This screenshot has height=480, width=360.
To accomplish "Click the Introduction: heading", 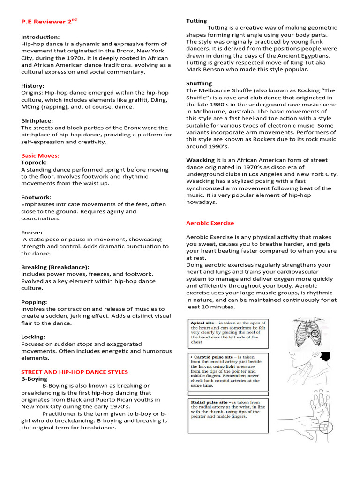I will (40, 37).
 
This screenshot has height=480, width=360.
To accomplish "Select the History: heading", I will (33, 86).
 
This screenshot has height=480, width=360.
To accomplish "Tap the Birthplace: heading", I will (37, 120).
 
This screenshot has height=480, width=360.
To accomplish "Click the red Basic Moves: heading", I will (40, 156).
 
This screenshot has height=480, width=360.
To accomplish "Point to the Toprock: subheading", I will (34, 162).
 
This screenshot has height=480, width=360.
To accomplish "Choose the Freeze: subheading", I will (31, 232).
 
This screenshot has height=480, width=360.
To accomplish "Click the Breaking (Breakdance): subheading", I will (55, 267).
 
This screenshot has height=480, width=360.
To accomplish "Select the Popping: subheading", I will (34, 302).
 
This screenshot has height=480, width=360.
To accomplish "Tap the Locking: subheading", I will (33, 337).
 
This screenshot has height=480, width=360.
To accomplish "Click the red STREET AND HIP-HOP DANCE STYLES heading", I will (75, 372).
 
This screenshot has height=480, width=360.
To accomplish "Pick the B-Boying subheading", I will (34, 379).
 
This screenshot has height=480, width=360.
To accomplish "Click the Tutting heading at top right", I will (196, 21).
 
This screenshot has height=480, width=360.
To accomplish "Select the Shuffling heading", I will (199, 83).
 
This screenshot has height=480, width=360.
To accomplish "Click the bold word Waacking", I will (200, 160).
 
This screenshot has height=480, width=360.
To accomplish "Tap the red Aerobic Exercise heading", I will (210, 223).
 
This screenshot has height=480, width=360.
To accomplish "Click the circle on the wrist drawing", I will (323, 427).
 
